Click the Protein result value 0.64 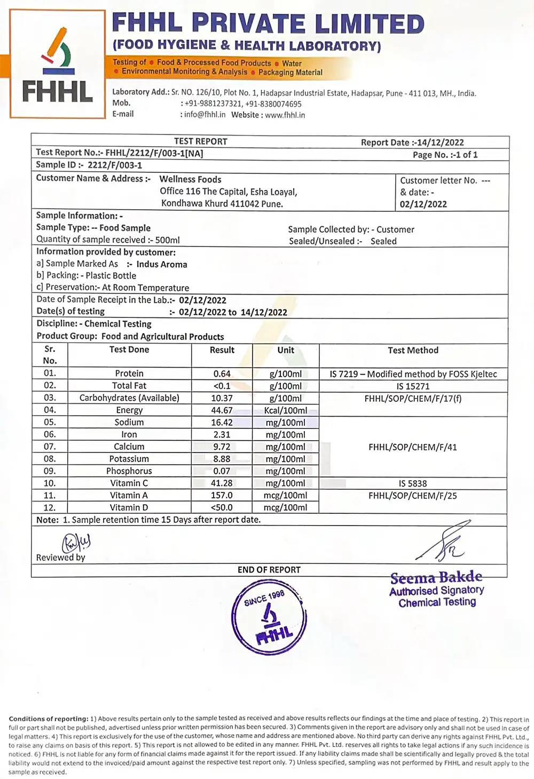[222, 373]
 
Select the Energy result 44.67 [222, 410]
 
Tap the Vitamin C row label [129, 483]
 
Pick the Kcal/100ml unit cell [286, 410]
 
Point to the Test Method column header [413, 351]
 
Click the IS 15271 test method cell [413, 386]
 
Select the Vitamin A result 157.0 [222, 495]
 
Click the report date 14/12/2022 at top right [441, 142]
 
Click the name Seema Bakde [436, 578]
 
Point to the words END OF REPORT [269, 570]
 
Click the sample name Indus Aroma [162, 264]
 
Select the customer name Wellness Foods [190, 179]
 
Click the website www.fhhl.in [285, 115]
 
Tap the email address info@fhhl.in [205, 115]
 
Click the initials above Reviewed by [76, 543]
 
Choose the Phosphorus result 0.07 [222, 471]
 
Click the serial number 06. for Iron [50, 434]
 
